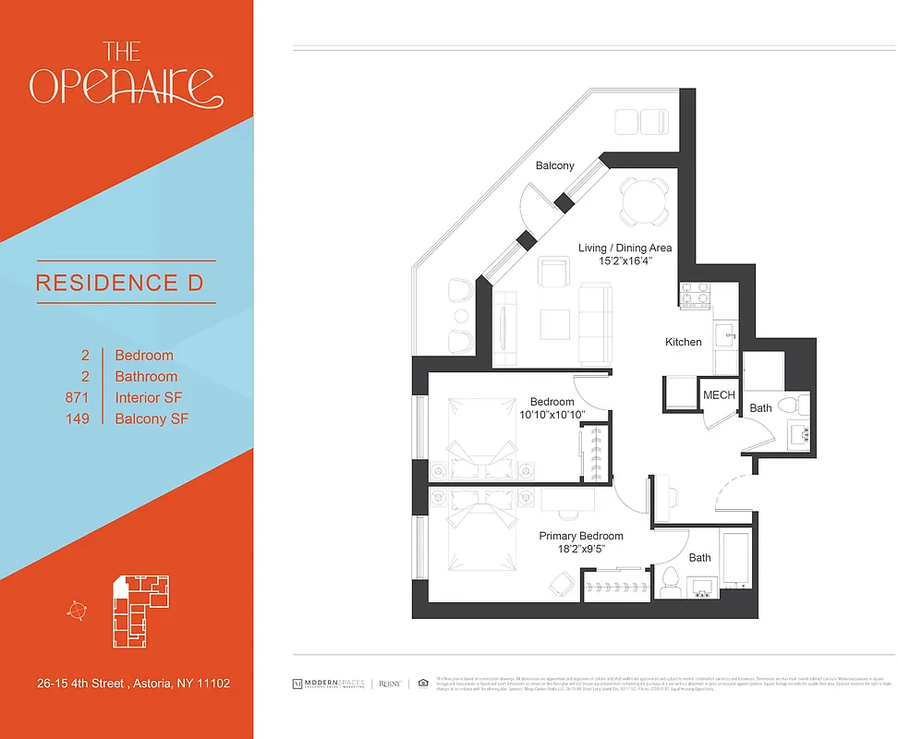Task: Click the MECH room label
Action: pyautogui.click(x=719, y=395)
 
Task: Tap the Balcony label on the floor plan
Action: pyautogui.click(x=555, y=166)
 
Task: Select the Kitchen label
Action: pyautogui.click(x=684, y=342)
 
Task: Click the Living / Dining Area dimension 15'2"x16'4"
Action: pyautogui.click(x=625, y=261)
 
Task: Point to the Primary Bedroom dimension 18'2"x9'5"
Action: pyautogui.click(x=581, y=549)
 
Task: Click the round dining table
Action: pyautogui.click(x=644, y=200)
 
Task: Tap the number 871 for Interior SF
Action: pyautogui.click(x=77, y=398)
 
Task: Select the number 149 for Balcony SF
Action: pyautogui.click(x=77, y=419)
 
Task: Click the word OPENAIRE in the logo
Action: pyautogui.click(x=126, y=86)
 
